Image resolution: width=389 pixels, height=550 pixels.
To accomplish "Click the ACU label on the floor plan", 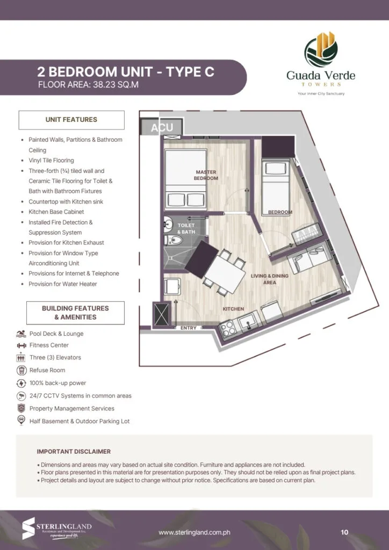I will [x=162, y=128].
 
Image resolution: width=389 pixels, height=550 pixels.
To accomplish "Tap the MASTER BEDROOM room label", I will [x=206, y=175].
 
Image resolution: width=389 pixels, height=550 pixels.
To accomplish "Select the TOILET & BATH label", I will [x=186, y=228].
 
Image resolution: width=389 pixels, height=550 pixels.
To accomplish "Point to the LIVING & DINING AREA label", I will [x=269, y=279].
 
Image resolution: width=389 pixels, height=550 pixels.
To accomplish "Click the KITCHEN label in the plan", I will [x=234, y=309].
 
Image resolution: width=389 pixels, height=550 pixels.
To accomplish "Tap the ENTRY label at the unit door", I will [x=188, y=328].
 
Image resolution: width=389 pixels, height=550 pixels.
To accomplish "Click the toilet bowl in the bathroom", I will [x=172, y=240].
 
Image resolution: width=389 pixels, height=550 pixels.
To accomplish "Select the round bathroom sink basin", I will [x=168, y=223].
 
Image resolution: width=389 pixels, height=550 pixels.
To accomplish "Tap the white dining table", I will [x=226, y=271].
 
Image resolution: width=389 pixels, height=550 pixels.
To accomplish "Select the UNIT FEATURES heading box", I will [x=71, y=120].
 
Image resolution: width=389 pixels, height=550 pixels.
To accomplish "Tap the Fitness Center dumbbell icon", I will [x=21, y=345].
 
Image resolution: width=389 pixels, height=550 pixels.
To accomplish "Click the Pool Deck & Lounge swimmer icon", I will [x=21, y=334].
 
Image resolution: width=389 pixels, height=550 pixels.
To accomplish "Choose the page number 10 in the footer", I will [x=344, y=532].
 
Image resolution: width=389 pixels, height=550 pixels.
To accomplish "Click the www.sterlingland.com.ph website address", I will [x=195, y=532].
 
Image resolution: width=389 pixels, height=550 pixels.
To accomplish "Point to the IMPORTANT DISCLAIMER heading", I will [x=74, y=452].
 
